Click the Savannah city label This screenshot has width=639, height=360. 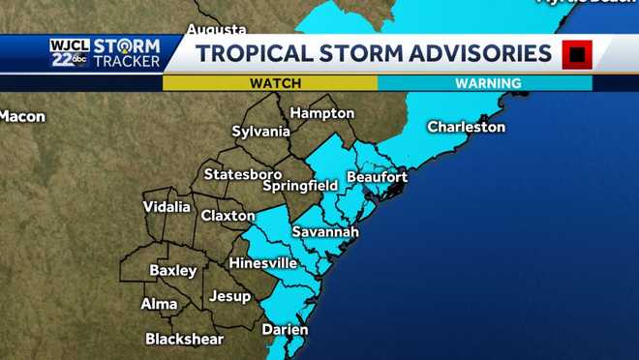click(x=324, y=232)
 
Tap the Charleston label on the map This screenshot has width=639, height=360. click(x=467, y=127)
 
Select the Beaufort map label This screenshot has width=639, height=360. click(x=377, y=177)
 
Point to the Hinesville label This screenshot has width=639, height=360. click(x=262, y=263)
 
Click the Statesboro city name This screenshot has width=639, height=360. click(x=242, y=174)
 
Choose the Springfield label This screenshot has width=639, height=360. click(x=300, y=185)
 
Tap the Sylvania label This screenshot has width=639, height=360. click(x=260, y=131)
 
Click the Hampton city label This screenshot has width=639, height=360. click(x=321, y=112)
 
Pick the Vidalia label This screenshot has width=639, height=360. click(x=167, y=207)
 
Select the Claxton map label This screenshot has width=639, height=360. click(x=228, y=216)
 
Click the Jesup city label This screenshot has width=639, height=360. click(x=229, y=296)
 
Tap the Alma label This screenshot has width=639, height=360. click(x=159, y=304)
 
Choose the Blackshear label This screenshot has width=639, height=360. click(x=184, y=340)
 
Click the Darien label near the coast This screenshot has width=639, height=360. click(x=285, y=330)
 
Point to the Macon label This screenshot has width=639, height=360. click(x=22, y=116)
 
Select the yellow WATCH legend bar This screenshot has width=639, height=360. click(x=270, y=83)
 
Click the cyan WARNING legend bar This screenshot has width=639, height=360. click(x=484, y=83)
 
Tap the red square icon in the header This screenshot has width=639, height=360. click(x=577, y=54)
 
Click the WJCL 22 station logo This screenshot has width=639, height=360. click(x=70, y=52)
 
